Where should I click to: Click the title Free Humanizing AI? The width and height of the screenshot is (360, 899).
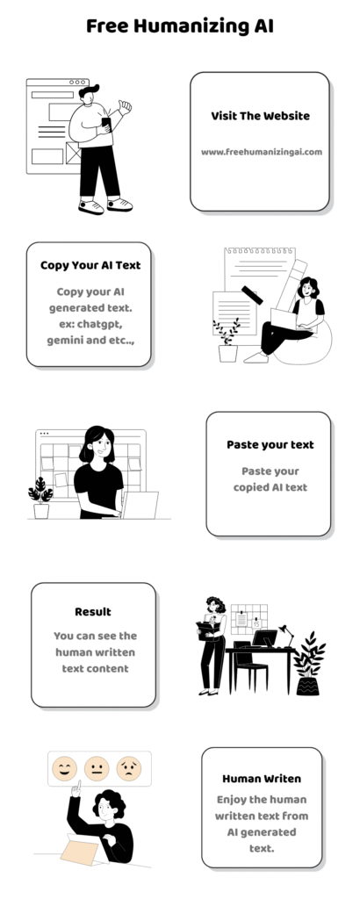pos(179,26)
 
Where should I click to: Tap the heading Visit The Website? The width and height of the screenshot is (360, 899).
pos(260,116)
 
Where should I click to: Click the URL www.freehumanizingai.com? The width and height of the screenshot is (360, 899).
pos(262,152)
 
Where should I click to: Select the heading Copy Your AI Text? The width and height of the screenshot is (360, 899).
pos(90,265)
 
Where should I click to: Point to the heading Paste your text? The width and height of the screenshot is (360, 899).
pos(270,445)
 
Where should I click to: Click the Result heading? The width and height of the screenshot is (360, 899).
pos(93,612)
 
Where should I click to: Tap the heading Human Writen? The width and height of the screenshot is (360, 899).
pos(262,779)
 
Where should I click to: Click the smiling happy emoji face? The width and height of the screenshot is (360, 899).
pos(65,768)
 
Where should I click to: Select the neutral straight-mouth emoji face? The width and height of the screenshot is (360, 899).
pos(97,768)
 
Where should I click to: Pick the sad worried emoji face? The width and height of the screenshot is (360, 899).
pos(129,768)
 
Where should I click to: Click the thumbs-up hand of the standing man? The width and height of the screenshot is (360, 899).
pos(125,106)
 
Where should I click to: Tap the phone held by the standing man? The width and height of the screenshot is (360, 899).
pos(106,124)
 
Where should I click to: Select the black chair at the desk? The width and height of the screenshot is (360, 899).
pos(250,666)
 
